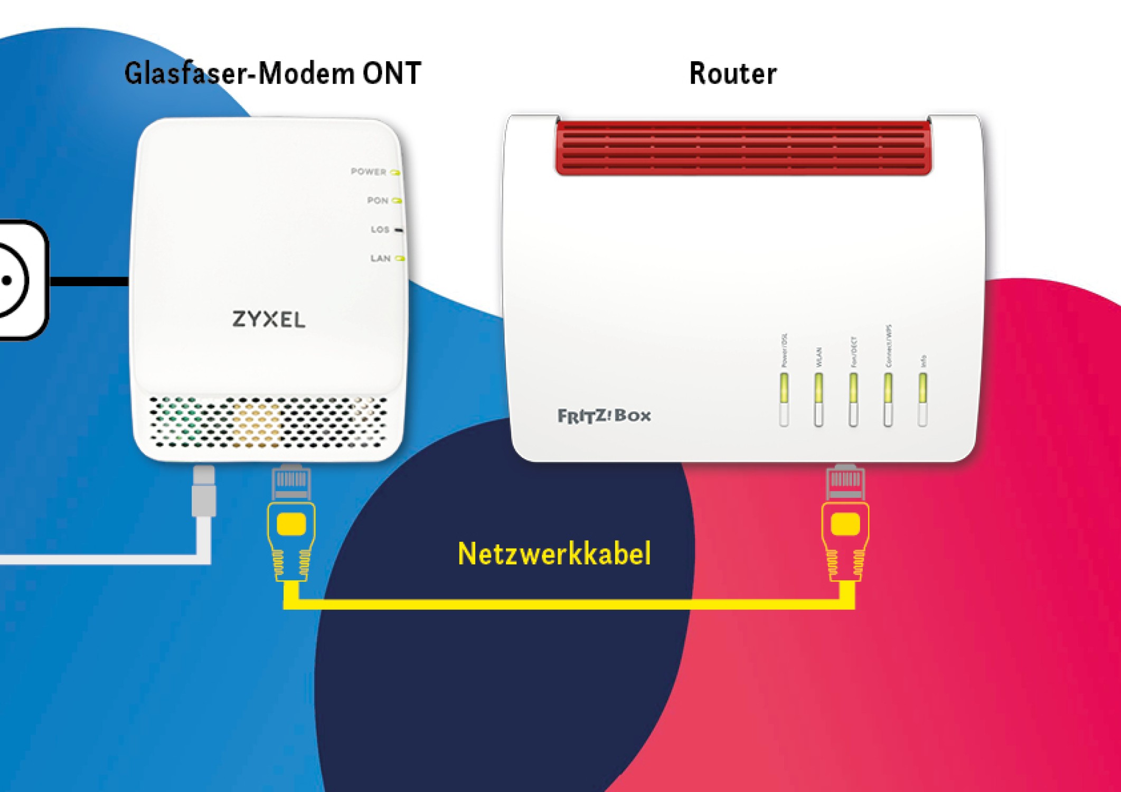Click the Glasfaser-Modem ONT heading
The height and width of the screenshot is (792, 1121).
coord(272,73)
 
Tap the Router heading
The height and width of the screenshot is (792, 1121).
coord(733,73)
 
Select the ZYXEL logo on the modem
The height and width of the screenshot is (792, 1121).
coord(269,319)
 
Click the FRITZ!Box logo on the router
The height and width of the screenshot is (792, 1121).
coord(604,416)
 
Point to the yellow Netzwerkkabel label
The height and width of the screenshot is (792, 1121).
coord(554,554)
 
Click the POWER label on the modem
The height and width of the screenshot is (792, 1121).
coord(369,172)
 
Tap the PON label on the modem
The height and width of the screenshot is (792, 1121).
coord(378,201)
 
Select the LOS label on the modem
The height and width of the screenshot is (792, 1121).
coord(380,230)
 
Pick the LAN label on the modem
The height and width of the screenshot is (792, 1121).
coord(381,258)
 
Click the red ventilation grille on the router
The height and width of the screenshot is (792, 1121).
coord(743,147)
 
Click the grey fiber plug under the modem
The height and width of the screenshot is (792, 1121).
coord(204,491)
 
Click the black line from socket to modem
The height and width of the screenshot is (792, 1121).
coord(90,281)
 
